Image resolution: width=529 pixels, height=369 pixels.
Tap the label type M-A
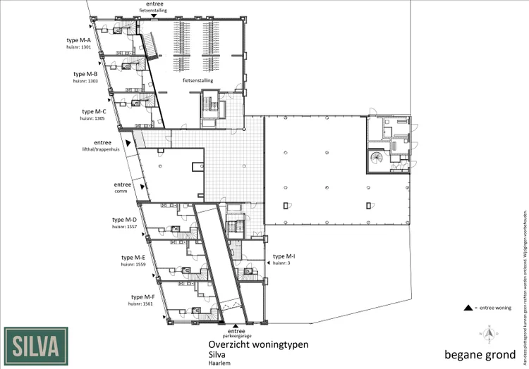(83, 41)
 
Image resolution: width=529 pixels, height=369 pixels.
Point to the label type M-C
(94, 111)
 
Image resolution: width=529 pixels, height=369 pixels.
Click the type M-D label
(123, 220)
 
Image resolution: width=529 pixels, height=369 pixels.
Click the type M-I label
(284, 256)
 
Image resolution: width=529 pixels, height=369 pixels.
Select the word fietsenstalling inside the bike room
(197, 81)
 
